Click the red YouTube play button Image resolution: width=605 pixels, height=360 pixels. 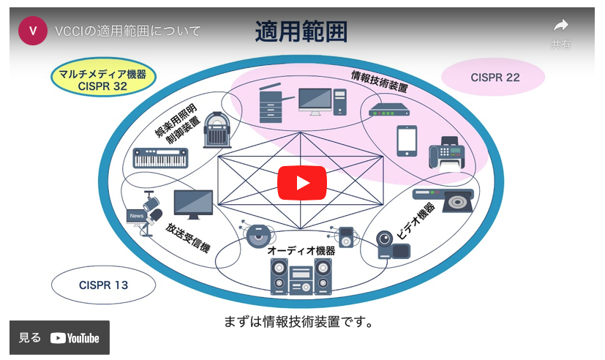click(301, 182)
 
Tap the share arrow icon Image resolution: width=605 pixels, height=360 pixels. click(561, 26)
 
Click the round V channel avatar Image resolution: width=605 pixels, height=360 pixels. click(33, 31)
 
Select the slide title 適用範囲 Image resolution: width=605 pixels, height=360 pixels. click(301, 31)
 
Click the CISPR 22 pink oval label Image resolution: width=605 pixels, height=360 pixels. click(495, 77)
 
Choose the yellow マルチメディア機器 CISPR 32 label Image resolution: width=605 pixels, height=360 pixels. click(102, 80)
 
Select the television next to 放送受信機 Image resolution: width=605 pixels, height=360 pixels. click(193, 204)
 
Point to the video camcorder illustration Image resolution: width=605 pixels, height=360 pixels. click(392, 245)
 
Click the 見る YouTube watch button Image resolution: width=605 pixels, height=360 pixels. click(59, 337)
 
